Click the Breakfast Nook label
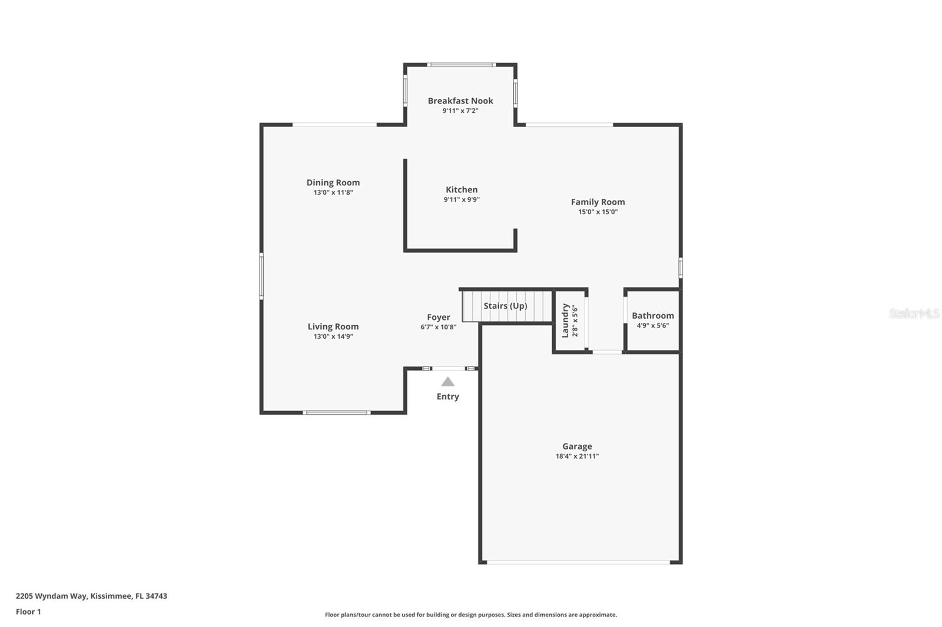tap(460, 101)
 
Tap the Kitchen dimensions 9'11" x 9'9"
tap(462, 199)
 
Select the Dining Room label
tap(333, 182)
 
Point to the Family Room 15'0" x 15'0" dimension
tap(598, 212)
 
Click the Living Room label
tap(333, 326)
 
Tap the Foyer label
tap(439, 317)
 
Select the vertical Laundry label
tap(565, 320)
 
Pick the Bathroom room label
tap(652, 315)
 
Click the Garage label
tap(577, 446)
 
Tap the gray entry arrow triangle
tap(448, 382)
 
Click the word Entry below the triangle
tap(447, 396)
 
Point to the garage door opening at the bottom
tap(579, 562)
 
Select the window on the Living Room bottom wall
tap(336, 412)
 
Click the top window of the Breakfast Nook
tap(461, 64)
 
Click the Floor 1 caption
tap(28, 612)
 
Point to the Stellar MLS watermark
tap(914, 313)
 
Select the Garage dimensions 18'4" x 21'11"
tap(577, 456)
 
